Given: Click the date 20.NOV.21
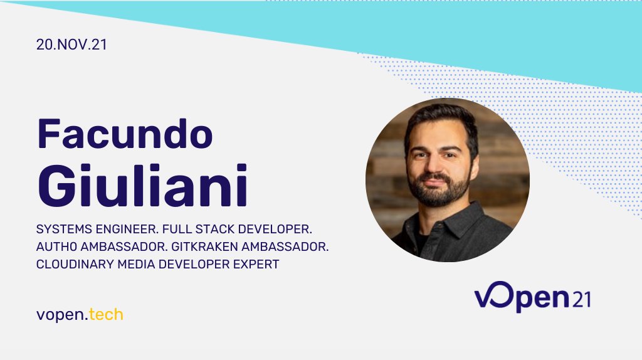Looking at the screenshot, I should [x=67, y=45].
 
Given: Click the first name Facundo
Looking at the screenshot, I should [x=125, y=134].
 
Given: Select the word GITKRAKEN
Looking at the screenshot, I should [x=226, y=246].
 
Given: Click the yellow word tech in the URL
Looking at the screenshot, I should [x=106, y=314].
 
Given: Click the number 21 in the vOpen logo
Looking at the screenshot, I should [x=580, y=300].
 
